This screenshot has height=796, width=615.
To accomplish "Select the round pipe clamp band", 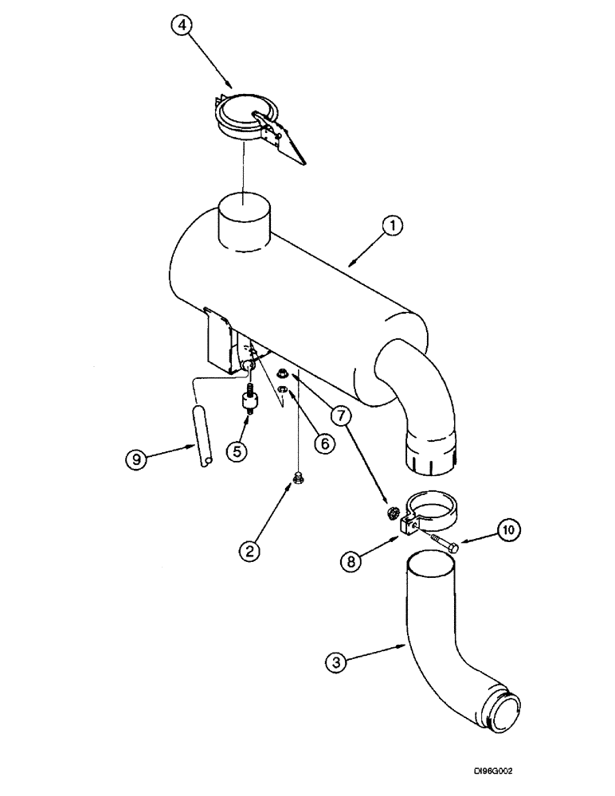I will pyautogui.click(x=430, y=511).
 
